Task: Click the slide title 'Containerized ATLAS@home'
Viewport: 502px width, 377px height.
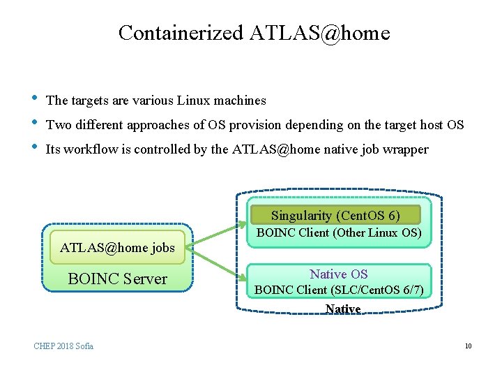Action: (254, 33)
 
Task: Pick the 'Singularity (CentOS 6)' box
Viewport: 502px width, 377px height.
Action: (335, 216)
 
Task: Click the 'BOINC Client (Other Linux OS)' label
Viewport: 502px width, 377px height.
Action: (340, 233)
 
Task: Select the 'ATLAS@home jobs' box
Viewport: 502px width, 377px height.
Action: (117, 248)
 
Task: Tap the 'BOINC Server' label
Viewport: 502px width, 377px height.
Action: (117, 279)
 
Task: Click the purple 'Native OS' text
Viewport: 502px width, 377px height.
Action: (339, 274)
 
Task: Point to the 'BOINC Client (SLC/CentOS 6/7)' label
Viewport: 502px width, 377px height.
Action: (339, 290)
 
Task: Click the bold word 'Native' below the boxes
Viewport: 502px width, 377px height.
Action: (343, 309)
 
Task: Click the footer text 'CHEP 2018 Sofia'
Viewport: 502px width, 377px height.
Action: (63, 346)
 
